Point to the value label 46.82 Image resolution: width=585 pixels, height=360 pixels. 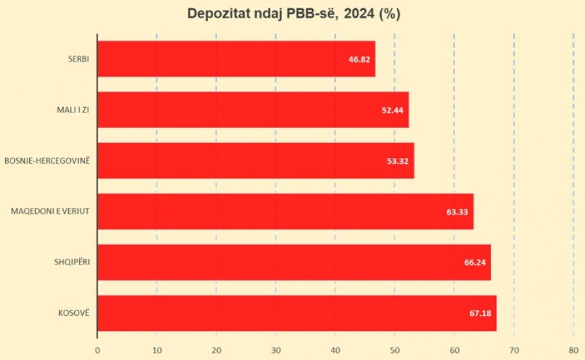tap(359, 59)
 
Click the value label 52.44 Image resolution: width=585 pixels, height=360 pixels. tap(393, 110)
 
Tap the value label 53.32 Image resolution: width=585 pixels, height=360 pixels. tap(398, 161)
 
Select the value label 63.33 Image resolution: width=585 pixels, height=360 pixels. tap(458, 212)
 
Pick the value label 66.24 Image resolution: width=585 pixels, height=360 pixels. tap(475, 263)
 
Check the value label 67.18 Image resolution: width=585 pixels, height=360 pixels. tap(481, 313)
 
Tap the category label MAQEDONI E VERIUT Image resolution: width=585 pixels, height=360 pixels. tap(50, 211)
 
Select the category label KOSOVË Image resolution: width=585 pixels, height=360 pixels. tap(73, 313)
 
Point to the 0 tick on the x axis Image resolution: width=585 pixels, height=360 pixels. tap(97, 351)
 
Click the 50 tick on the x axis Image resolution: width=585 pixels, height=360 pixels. tap(395, 351)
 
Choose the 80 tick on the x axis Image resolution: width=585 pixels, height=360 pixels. tap(573, 351)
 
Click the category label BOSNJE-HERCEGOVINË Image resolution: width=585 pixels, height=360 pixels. tap(47, 161)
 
